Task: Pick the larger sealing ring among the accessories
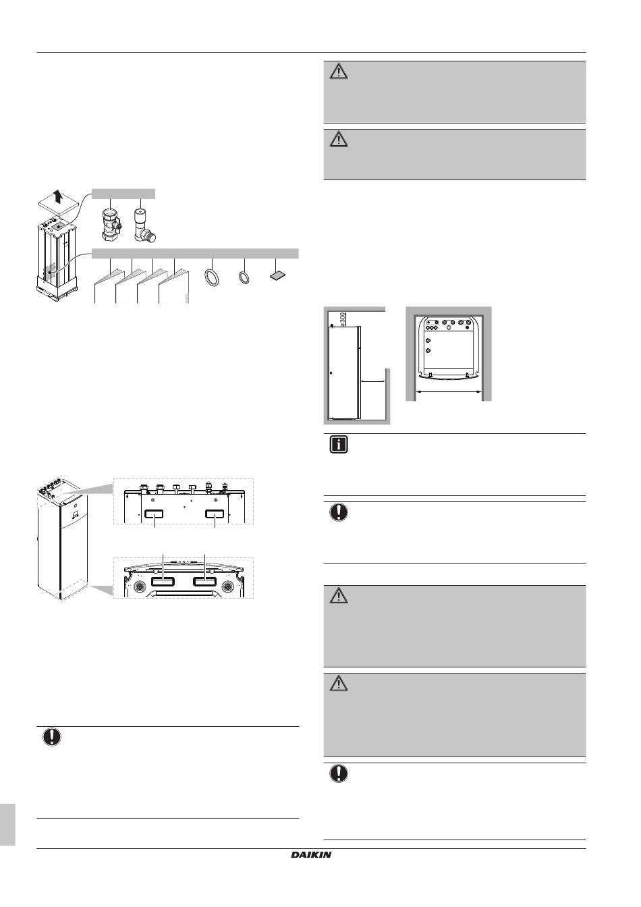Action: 212,279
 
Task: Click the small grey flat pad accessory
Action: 277,275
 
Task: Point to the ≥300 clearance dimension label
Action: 343,319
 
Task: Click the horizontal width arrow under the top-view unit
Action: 449,391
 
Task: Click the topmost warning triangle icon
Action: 339,72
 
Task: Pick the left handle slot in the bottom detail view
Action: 163,582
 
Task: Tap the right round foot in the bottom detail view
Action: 227,586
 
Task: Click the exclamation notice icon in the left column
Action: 52,737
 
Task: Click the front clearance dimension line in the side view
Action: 372,381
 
